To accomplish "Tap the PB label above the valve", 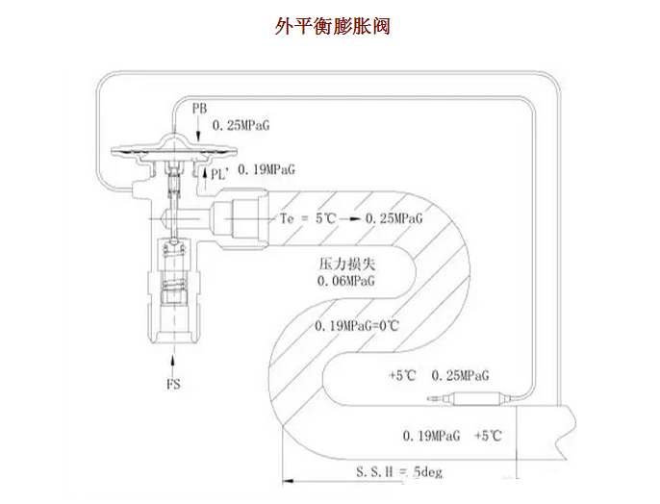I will coord(199,105).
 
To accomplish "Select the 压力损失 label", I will coord(340,264).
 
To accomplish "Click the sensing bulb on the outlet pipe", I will coord(481,398).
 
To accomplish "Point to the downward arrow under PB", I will coord(199,124).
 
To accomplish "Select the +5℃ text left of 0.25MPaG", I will coord(400,375).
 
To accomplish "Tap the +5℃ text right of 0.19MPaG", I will coord(488,436).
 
